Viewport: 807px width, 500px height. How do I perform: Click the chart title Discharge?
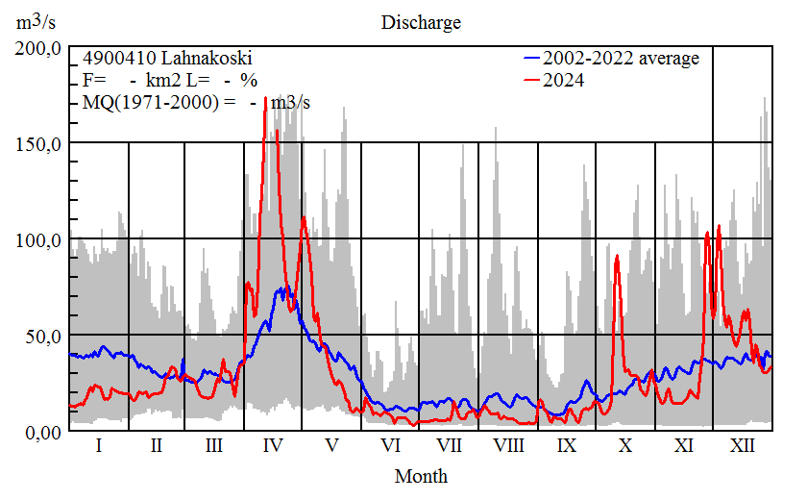(x=421, y=22)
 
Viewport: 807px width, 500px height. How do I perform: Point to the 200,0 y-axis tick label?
(x=39, y=48)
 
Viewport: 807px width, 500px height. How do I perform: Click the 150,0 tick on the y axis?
(x=39, y=143)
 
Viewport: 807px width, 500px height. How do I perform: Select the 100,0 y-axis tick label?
(x=39, y=239)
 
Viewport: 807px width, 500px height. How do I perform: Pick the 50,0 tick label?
(x=43, y=336)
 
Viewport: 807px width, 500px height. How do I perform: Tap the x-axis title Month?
(x=421, y=475)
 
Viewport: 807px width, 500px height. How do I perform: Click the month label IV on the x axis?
(x=273, y=446)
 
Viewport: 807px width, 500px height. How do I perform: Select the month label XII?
(x=743, y=446)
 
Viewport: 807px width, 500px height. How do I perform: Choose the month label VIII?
(x=508, y=446)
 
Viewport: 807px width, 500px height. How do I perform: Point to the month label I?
(x=99, y=446)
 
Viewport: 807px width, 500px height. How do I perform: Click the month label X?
(x=625, y=446)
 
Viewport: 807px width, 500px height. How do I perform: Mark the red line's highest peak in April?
(x=265, y=99)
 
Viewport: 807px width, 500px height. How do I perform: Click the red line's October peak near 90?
(x=617, y=257)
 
